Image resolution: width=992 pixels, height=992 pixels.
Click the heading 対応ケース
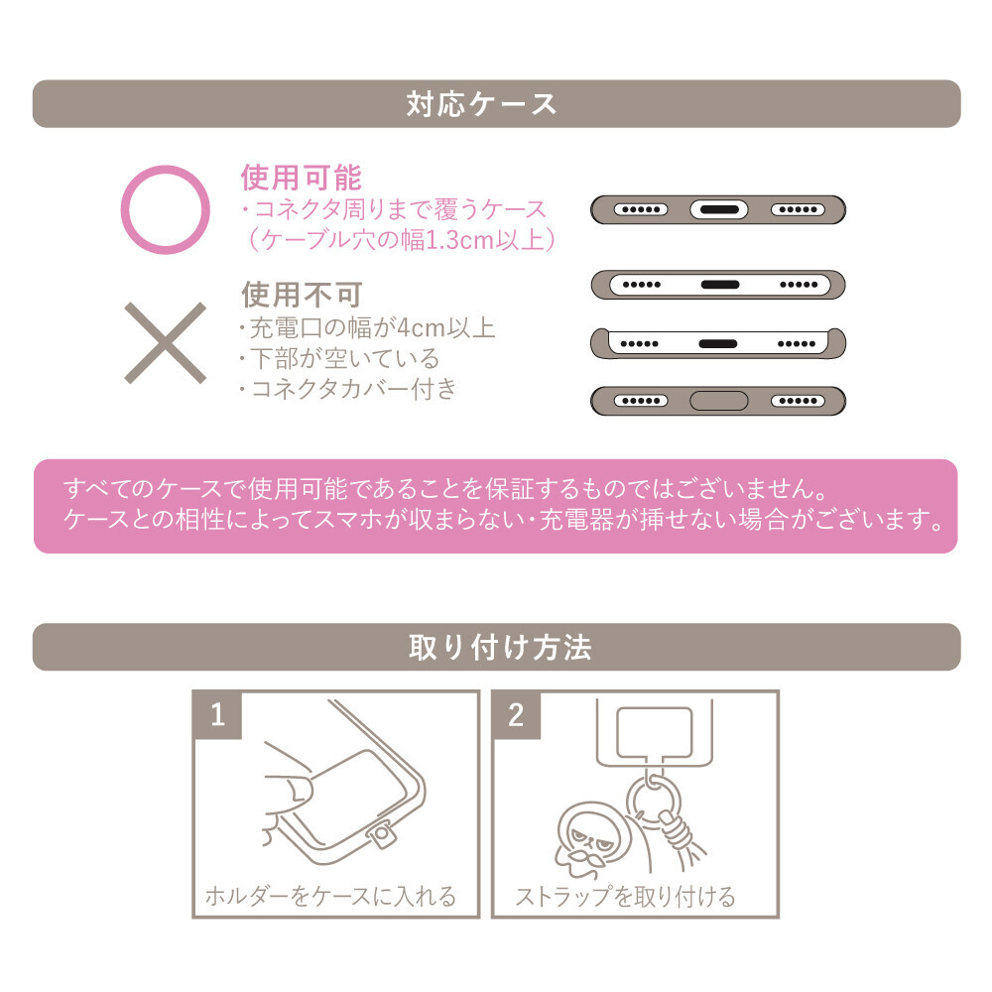(x=481, y=104)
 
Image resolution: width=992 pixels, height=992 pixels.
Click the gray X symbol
(x=165, y=343)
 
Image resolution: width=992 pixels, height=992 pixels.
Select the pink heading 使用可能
(x=302, y=178)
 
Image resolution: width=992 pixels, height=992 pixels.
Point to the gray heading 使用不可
(x=302, y=295)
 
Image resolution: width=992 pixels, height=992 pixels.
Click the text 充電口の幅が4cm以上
(x=372, y=327)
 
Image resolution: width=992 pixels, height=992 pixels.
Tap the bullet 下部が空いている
(x=344, y=359)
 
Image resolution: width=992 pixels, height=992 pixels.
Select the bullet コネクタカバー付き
(x=354, y=389)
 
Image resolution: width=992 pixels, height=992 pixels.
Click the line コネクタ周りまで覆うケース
(x=400, y=209)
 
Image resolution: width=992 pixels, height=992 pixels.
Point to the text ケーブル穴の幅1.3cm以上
(x=402, y=240)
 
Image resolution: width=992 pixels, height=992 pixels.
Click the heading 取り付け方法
(x=500, y=647)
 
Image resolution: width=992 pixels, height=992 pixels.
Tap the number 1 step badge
(x=217, y=714)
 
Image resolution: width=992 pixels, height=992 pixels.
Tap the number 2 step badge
(x=516, y=714)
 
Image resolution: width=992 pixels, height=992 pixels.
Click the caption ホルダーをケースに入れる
(x=330, y=897)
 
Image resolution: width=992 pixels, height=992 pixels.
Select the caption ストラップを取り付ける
(x=626, y=897)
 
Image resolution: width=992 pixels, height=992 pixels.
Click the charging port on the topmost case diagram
(x=718, y=209)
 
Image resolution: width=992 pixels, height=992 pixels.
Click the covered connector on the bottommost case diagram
(x=718, y=401)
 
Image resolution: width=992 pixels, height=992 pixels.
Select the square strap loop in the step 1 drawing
(x=382, y=836)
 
